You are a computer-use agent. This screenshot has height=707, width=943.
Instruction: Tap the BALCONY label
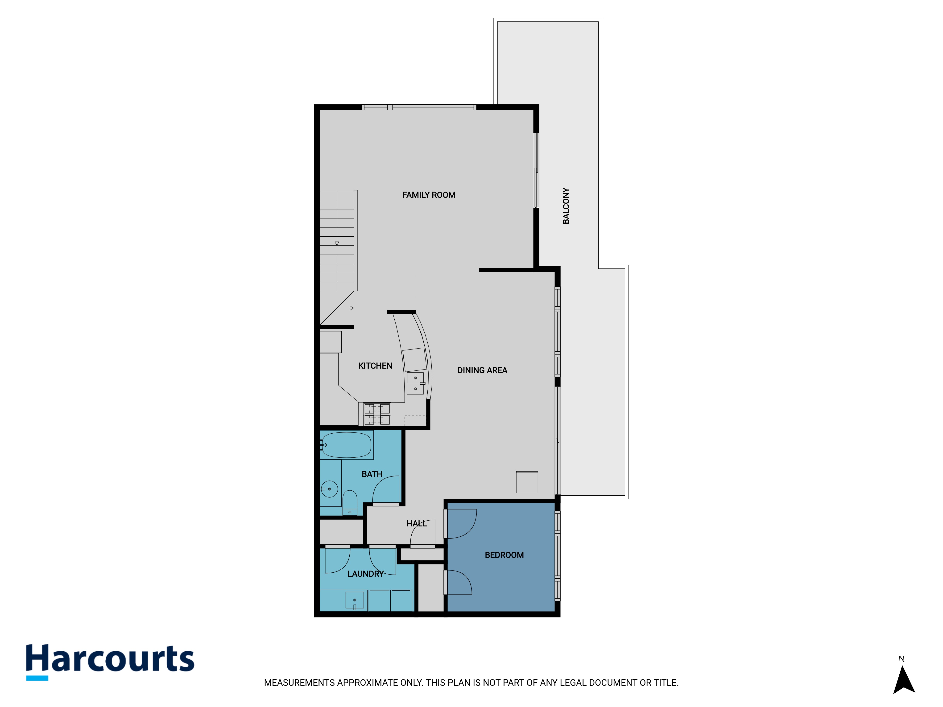[x=566, y=206]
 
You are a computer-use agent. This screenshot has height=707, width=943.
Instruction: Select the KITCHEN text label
[x=375, y=366]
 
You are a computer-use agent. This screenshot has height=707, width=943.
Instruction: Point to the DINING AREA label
[x=482, y=370]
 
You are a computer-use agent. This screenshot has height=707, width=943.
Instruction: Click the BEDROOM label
[x=504, y=555]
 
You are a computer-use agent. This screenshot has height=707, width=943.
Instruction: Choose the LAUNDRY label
[x=365, y=574]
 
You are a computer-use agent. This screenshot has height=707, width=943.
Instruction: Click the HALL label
[x=417, y=523]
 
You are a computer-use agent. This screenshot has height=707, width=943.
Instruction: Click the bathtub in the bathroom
[x=346, y=445]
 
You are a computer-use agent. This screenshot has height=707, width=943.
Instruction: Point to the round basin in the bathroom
[x=329, y=489]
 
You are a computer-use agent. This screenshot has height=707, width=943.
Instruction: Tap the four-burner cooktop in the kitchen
[x=377, y=414]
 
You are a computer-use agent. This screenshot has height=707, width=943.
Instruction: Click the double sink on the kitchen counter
[x=415, y=383]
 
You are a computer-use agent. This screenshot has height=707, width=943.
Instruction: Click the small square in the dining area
[x=527, y=482]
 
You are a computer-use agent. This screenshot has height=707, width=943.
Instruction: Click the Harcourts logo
[x=110, y=662]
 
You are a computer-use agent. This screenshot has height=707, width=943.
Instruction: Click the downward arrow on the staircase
[x=337, y=243]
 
